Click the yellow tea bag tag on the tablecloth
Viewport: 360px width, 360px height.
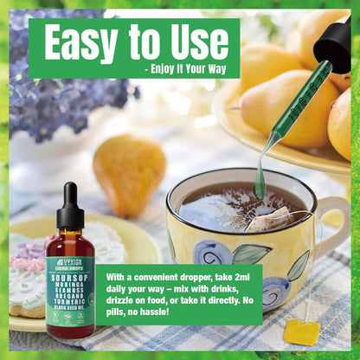coord(301,331)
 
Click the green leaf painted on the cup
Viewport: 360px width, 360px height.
coord(251,253)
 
